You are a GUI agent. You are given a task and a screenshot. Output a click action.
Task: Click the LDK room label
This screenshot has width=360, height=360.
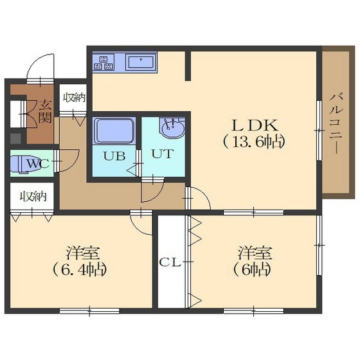255,125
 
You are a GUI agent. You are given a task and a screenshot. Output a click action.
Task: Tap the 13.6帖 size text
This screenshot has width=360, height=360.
255,143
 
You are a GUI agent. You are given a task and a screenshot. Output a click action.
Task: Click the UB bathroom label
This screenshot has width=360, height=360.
114,156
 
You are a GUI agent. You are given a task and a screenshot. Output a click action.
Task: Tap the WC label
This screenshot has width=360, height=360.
38,164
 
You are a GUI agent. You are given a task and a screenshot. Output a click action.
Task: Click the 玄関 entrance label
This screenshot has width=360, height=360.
45,111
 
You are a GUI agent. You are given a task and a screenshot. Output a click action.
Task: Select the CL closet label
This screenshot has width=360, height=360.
170,262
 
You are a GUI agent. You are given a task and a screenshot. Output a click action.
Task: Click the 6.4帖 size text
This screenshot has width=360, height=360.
80,269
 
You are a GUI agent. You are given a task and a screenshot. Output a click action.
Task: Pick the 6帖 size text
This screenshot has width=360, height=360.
252,269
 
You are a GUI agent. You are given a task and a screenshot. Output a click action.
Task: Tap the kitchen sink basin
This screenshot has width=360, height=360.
141,62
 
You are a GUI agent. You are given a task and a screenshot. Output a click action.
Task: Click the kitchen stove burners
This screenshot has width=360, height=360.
104,62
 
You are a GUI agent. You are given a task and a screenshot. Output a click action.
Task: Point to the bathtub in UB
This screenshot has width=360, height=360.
114,130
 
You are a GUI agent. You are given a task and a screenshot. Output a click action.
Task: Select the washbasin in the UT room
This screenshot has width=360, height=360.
173,128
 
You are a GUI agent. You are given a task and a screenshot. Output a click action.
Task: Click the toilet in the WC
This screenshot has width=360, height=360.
24,163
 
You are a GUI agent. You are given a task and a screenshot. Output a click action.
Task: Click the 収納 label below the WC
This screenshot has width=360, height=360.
33,197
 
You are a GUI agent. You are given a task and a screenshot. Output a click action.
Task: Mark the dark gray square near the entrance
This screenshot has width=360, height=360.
16,138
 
